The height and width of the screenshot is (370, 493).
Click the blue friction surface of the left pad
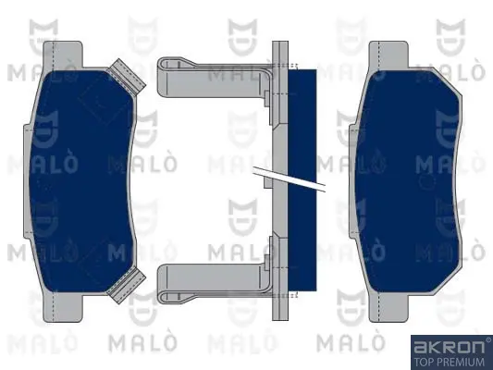click(x=82, y=181)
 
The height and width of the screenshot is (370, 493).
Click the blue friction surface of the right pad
click(x=409, y=181)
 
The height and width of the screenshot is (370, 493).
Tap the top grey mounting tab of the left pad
click(x=63, y=54)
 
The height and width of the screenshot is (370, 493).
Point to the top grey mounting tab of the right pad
click(x=388, y=54)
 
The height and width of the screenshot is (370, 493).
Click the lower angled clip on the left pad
click(x=127, y=286)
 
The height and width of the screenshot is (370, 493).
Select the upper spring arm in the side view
click(x=213, y=78)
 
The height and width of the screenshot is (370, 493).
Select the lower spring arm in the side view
click(x=213, y=284)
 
